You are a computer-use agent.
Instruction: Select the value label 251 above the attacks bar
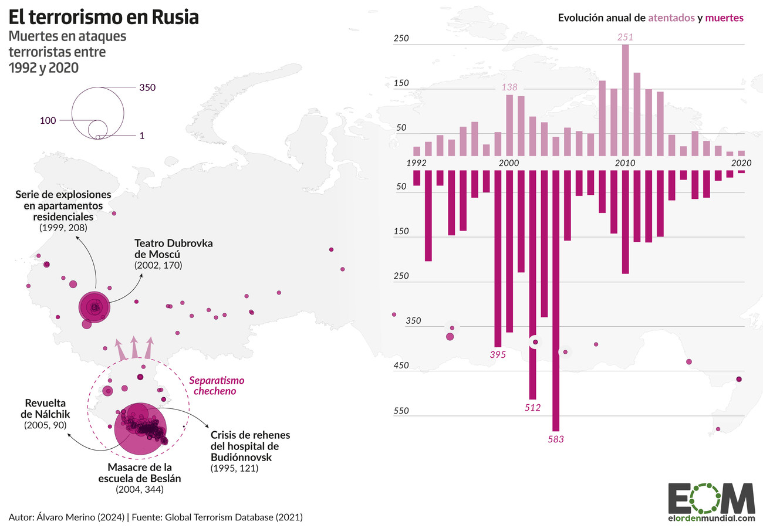tap(625, 37)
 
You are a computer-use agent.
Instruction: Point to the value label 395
tap(498, 354)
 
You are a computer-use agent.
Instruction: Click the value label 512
tap(532, 408)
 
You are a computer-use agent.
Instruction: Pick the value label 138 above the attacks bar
tap(509, 87)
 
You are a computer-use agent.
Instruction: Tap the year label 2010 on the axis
tap(624, 163)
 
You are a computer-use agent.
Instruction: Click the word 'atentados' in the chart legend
tap(671, 18)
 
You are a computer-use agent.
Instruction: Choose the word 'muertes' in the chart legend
tap(725, 18)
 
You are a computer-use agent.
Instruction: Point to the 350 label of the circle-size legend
tap(147, 87)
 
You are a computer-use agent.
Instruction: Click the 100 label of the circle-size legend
tap(48, 120)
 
